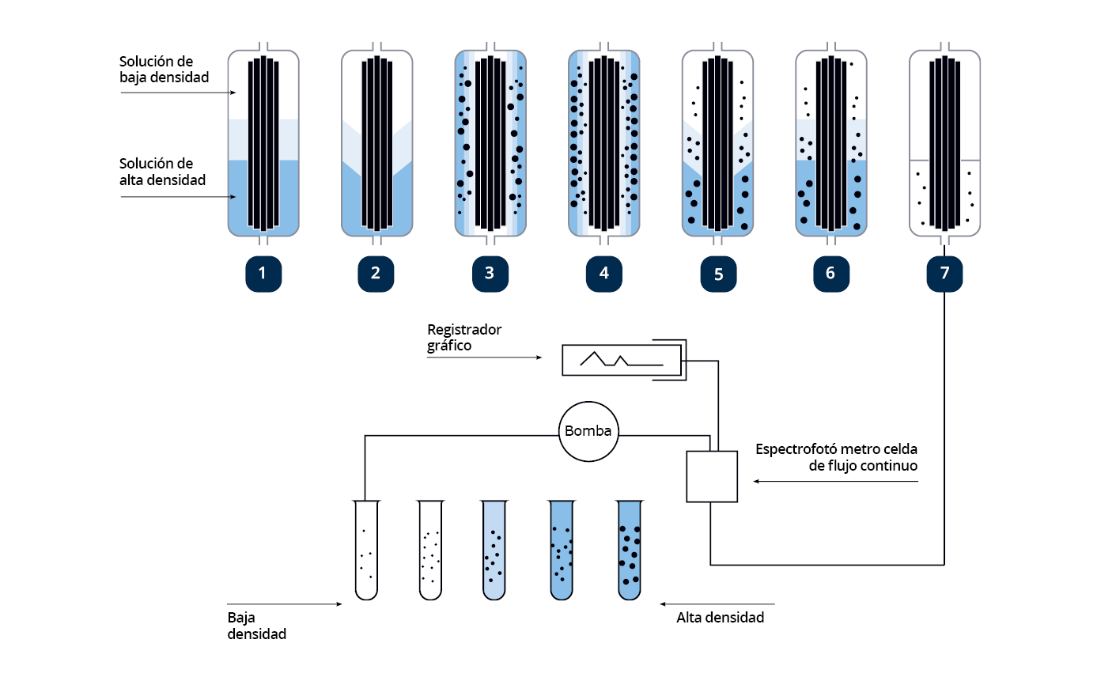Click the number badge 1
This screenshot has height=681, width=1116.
pyautogui.click(x=263, y=274)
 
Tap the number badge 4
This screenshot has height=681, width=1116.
pyautogui.click(x=604, y=274)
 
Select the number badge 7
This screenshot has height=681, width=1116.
pyautogui.click(x=944, y=274)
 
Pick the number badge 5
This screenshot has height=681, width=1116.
pyautogui.click(x=718, y=274)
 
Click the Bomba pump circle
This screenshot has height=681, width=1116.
pyautogui.click(x=588, y=432)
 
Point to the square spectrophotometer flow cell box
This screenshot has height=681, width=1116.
pyautogui.click(x=712, y=477)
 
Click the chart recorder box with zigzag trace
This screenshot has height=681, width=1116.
pyautogui.click(x=622, y=360)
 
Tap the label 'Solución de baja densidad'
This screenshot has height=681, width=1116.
pyautogui.click(x=165, y=70)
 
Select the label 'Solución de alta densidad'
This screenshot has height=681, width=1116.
pyautogui.click(x=162, y=172)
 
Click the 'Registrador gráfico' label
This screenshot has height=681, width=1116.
pyautogui.click(x=464, y=338)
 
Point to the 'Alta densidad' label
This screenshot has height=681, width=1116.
pyautogui.click(x=721, y=618)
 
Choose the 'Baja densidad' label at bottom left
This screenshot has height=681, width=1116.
pyautogui.click(x=256, y=626)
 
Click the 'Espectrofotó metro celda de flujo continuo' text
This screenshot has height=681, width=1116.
pyautogui.click(x=836, y=457)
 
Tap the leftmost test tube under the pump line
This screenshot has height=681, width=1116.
pyautogui.click(x=366, y=550)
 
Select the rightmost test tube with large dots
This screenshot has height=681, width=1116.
pyautogui.click(x=630, y=550)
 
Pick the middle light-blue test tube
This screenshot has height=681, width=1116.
pyautogui.click(x=494, y=550)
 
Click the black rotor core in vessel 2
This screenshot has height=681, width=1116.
pyautogui.click(x=376, y=142)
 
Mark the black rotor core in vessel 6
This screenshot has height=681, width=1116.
pyautogui.click(x=830, y=142)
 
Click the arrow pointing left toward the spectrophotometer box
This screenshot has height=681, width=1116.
pyautogui.click(x=835, y=481)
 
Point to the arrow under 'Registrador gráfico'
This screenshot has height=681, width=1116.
pyautogui.click(x=485, y=358)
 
